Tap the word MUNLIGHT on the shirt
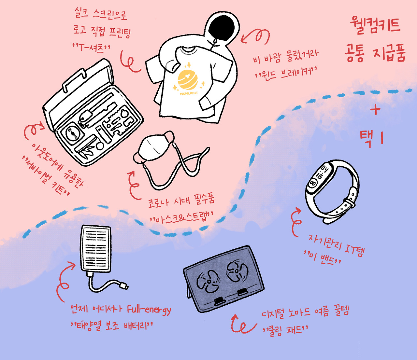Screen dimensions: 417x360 pos(189,93)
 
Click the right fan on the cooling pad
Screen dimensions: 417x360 pos(237,270)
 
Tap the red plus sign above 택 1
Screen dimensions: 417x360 pos(375,110)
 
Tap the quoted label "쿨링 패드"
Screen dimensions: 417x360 pos(285,330)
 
